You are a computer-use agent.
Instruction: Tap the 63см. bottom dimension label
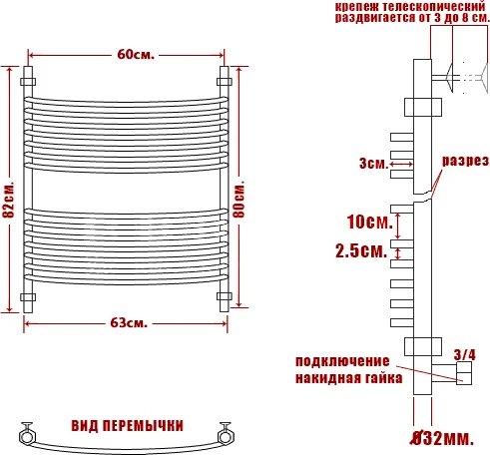point(130,322)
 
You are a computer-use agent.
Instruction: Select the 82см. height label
point(9,201)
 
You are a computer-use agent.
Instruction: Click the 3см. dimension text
point(375,164)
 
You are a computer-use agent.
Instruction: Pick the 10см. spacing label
point(361,221)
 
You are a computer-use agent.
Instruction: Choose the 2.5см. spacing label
point(360,252)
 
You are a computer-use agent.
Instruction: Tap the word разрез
point(465,161)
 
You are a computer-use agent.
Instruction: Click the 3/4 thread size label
point(464,354)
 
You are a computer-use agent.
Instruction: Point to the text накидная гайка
point(348,378)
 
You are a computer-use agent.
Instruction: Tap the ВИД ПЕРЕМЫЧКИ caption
point(127,424)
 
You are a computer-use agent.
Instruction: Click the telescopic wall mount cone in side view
point(458,78)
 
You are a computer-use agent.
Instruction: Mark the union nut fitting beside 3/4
point(463,373)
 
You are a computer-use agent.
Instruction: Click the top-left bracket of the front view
point(28,78)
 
